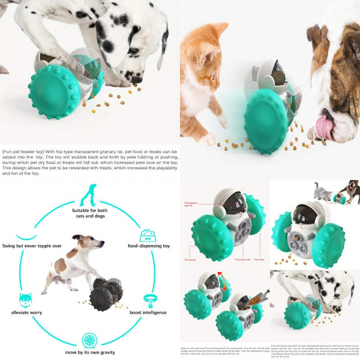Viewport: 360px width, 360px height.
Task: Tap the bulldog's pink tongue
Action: [325, 126]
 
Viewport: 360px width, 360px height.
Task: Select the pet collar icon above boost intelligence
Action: [148, 299]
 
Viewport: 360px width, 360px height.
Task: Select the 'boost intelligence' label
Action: [148, 312]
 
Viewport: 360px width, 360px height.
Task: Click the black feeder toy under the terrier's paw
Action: [107, 295]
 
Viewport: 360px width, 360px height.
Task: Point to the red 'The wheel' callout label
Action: [189, 260]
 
